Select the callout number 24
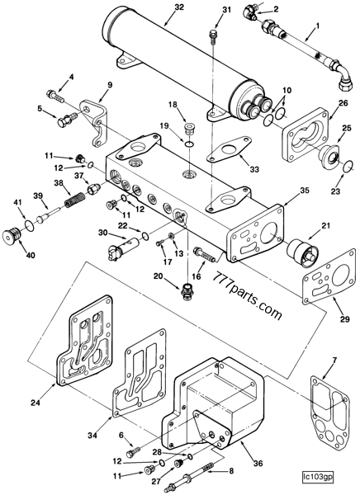coord(36,403)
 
